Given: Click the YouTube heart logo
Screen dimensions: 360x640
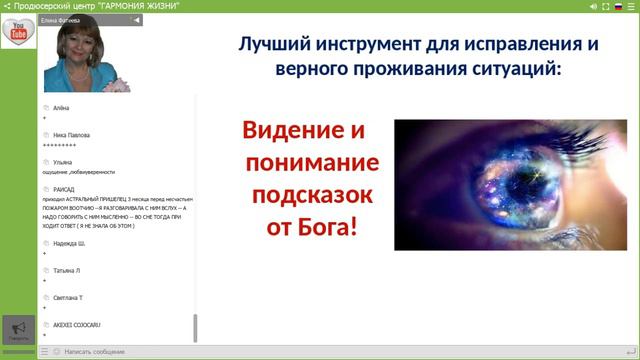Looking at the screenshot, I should (x=18, y=32).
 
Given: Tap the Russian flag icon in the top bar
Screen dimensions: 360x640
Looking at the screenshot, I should (x=618, y=6).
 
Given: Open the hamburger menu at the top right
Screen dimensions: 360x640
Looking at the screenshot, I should (x=632, y=6).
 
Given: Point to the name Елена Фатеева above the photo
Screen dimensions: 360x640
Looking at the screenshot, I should (x=63, y=19).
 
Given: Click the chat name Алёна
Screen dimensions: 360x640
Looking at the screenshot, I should (x=62, y=107).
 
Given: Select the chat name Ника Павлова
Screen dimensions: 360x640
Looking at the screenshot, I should (x=72, y=134).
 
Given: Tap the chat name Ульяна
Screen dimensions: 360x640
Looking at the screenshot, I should (x=64, y=161).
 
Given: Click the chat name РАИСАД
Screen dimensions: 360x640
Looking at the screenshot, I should (x=65, y=188).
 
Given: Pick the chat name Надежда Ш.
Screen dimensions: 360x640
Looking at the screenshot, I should (x=70, y=243).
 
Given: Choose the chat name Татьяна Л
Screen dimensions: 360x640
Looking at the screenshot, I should (x=67, y=270).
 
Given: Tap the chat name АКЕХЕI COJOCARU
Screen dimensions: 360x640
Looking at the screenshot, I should (x=77, y=325).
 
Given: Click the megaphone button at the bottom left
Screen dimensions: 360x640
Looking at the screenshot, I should (x=18, y=329).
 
